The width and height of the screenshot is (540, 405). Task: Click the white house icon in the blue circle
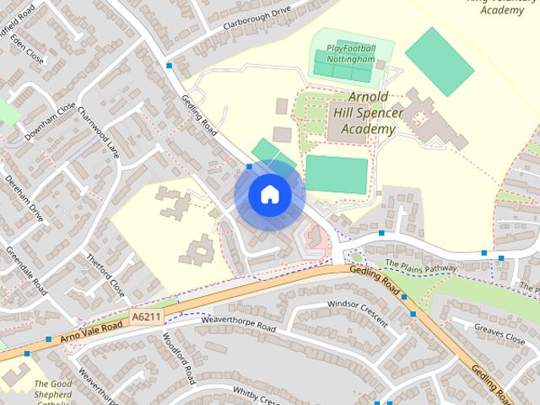coord(269,194)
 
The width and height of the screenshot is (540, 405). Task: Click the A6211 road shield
coord(145,316)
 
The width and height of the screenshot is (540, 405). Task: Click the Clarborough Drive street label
coord(256,16)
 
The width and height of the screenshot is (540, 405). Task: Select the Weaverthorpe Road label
coord(239,323)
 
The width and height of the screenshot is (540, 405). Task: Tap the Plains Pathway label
coord(419,265)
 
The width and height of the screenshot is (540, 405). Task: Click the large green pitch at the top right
coord(440,61)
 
